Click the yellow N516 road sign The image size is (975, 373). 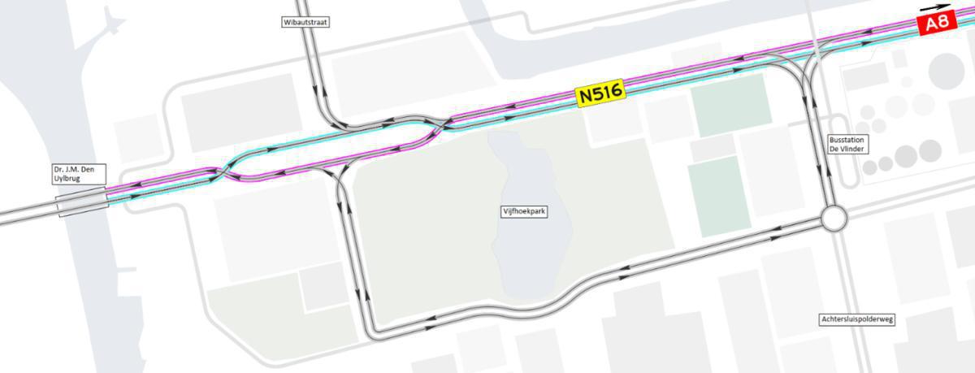pos(600,94)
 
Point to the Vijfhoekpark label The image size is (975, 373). pos(521,210)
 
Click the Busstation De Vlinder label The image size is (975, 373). pos(849,144)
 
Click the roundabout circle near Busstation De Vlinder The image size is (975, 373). pos(834,219)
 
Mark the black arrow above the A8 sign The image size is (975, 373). pos(934,7)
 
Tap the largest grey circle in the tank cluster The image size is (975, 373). pos(945,71)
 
